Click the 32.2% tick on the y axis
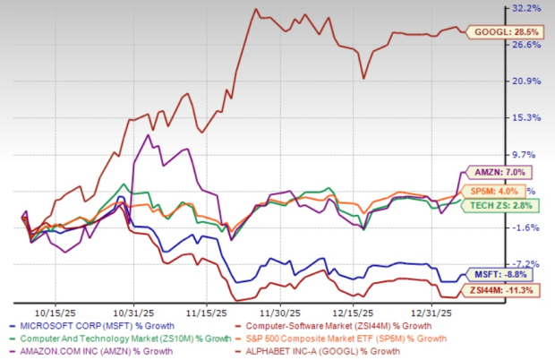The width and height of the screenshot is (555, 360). [x=528, y=8]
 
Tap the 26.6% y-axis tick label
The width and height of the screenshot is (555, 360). [x=528, y=45]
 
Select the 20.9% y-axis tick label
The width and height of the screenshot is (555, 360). [x=528, y=81]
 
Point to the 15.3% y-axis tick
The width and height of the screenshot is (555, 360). [x=528, y=118]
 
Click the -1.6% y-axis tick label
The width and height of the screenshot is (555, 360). [x=528, y=227]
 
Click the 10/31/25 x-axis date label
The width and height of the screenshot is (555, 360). [x=132, y=313]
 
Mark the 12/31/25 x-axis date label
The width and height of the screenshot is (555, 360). [x=431, y=313]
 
